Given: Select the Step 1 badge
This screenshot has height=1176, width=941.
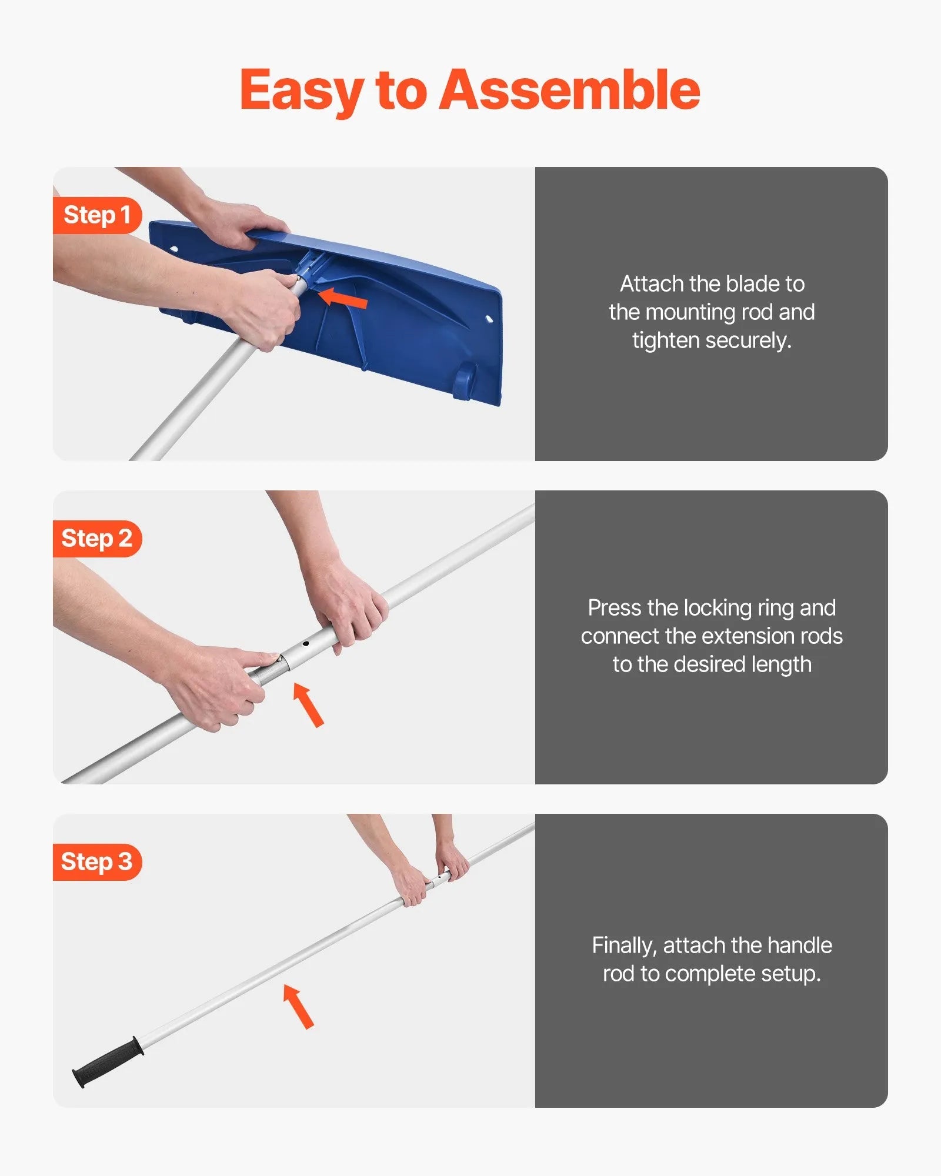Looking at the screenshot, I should [x=97, y=215].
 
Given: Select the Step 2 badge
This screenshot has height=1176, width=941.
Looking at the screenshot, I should [x=97, y=539].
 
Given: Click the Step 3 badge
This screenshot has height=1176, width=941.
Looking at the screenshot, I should [x=97, y=862].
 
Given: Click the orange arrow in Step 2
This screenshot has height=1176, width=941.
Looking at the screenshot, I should [x=309, y=705].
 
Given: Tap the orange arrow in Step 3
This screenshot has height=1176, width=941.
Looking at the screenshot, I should [x=299, y=1006].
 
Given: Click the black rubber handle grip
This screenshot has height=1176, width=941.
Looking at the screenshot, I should [x=108, y=1063].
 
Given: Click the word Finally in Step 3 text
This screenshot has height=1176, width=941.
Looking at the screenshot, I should [x=624, y=945].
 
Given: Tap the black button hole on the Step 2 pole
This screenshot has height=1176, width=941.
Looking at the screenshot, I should [x=306, y=644].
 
